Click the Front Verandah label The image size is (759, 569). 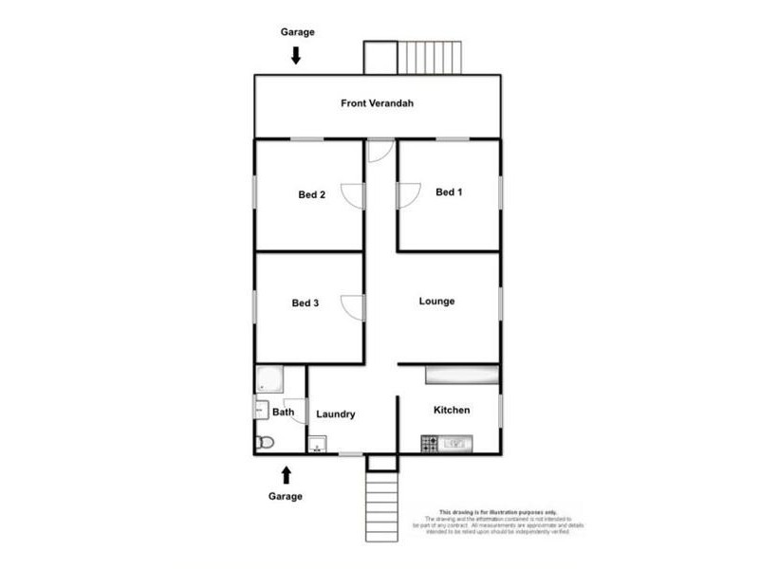point(378,103)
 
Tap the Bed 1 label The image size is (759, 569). point(449,193)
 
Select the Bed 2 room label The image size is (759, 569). point(312,195)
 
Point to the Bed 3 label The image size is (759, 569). point(305,303)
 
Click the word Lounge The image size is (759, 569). point(437,302)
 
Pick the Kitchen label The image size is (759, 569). point(452,410)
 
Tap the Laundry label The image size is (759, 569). point(336,413)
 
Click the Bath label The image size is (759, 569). point(284,413)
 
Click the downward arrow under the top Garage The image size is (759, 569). point(296,56)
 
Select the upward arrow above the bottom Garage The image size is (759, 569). point(286,474)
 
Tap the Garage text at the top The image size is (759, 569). point(297,32)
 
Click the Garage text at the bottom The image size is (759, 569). point(286,496)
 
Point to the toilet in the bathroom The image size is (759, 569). point(265,441)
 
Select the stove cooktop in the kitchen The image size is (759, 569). point(430,443)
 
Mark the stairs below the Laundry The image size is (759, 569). point(382,507)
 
